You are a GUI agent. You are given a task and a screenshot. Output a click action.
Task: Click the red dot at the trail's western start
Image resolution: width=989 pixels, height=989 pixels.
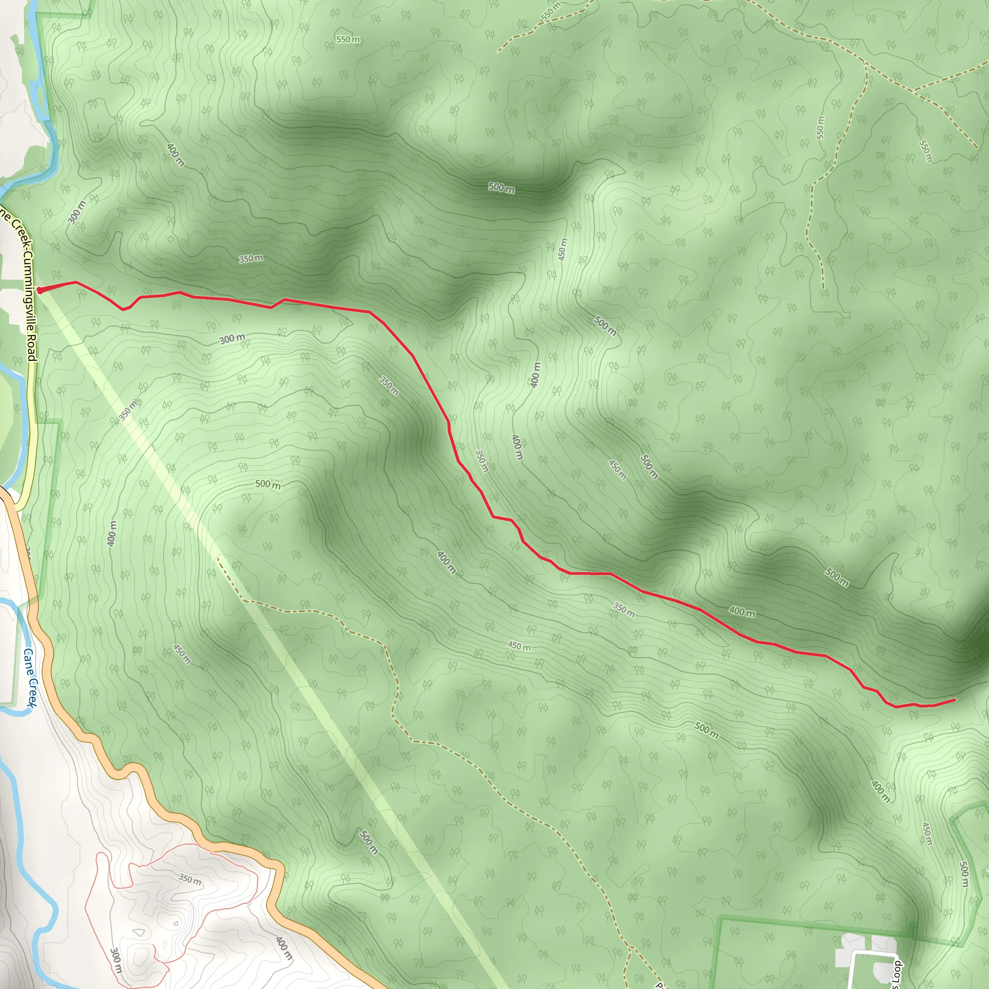click(40, 290)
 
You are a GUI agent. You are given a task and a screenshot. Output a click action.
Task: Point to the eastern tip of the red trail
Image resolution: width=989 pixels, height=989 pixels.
click(955, 699)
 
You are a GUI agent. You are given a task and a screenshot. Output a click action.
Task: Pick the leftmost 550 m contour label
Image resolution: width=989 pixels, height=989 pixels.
click(348, 40)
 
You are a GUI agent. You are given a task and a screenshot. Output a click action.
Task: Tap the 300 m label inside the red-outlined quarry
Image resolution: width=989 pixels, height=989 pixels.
click(116, 960)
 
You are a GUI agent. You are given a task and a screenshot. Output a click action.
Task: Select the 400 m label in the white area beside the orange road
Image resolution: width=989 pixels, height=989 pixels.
click(283, 947)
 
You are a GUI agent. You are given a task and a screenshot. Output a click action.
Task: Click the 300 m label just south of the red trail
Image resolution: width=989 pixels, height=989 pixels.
click(232, 339)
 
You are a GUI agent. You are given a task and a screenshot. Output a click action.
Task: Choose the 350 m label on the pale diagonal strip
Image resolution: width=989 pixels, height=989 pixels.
click(128, 410)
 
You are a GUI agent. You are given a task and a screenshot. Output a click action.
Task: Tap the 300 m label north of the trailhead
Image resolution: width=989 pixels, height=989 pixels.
click(76, 212)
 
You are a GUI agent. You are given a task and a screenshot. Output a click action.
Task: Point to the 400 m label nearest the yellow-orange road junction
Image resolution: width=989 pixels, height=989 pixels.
click(112, 534)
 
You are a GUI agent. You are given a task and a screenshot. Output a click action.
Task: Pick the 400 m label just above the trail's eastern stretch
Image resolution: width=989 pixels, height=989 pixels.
click(741, 611)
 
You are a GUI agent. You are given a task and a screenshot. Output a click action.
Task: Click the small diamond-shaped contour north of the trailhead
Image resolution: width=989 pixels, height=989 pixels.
click(170, 239)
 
